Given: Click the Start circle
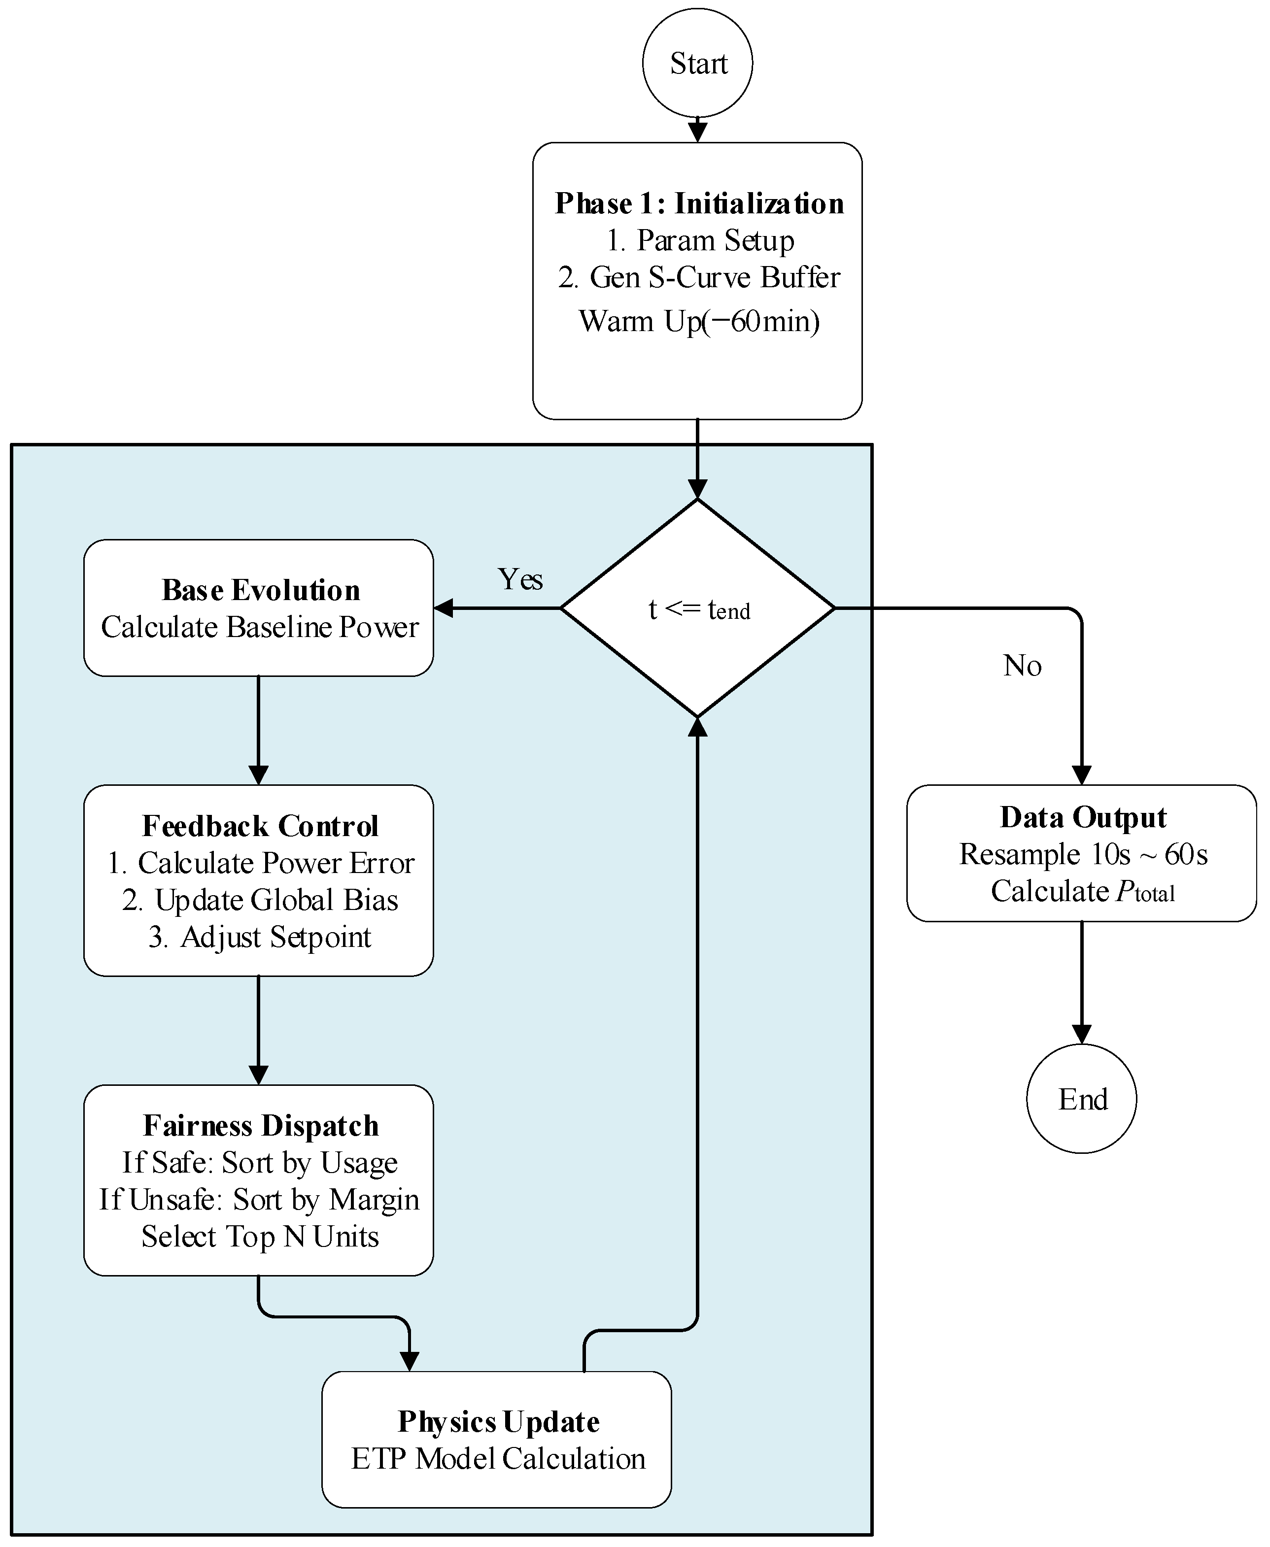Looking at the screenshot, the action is [x=697, y=63].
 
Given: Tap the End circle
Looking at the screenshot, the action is [x=1081, y=1099].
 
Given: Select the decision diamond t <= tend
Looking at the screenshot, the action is [x=697, y=608].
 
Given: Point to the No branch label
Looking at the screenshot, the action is [x=1022, y=666].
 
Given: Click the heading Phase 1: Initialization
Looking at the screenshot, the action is [x=699, y=203].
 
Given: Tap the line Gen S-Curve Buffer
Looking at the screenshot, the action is [x=699, y=277].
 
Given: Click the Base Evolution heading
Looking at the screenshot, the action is [x=260, y=590].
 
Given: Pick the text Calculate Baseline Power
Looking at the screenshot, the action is [x=260, y=627].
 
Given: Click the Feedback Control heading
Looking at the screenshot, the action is [x=260, y=826].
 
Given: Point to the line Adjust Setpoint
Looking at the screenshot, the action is [x=260, y=938].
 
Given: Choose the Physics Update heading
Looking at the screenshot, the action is [x=498, y=1422].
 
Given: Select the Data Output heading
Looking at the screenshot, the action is [x=1083, y=817].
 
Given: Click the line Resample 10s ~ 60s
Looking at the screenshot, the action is [x=1083, y=854].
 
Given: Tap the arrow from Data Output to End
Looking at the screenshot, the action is [x=1081, y=982].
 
